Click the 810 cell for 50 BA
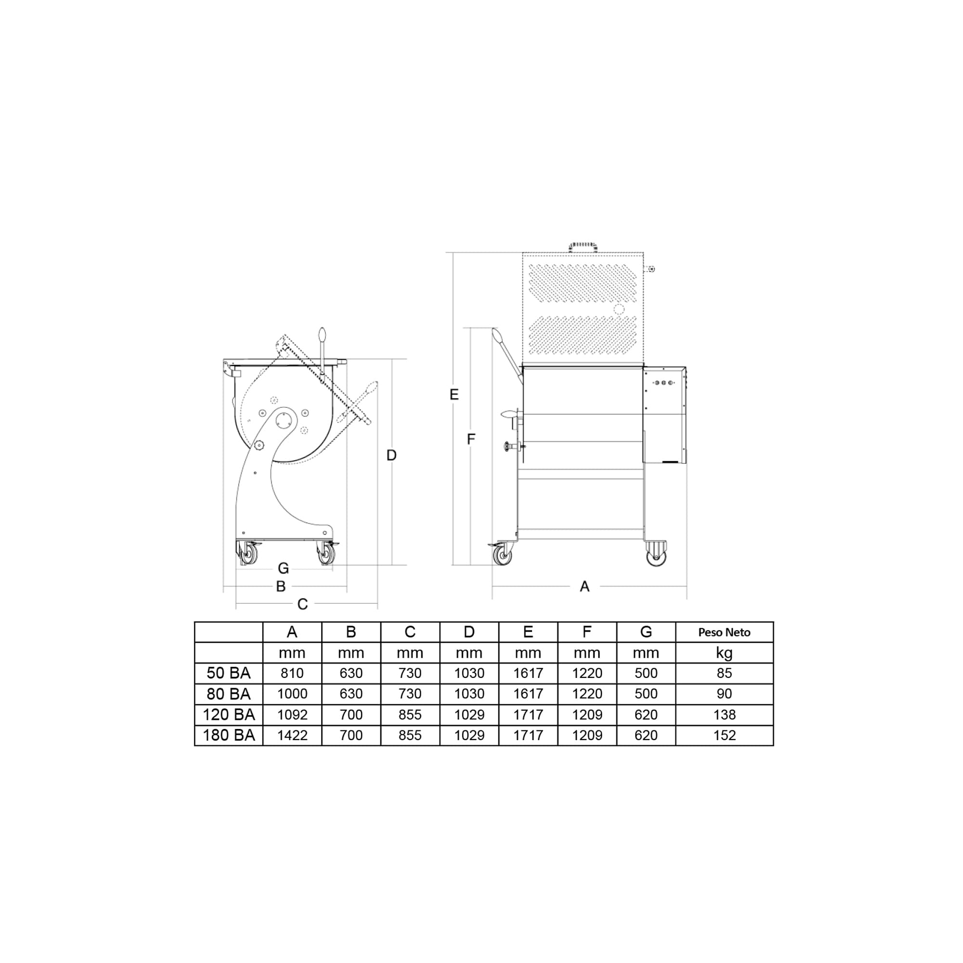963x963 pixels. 292,674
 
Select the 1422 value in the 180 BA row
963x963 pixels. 292,735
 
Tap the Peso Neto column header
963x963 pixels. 724,632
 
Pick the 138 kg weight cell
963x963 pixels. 724,715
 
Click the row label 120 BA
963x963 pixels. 229,715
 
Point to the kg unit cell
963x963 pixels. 724,652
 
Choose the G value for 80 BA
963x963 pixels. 646,694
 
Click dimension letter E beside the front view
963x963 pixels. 454,395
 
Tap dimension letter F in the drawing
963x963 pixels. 470,439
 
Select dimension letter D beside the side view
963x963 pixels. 391,455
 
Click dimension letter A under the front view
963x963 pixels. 585,586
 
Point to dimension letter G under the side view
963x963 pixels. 283,568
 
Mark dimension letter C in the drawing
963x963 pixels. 302,604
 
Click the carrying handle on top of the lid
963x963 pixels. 583,247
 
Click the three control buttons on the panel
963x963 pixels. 664,383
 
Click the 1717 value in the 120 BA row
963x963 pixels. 528,715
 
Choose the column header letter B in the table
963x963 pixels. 351,632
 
